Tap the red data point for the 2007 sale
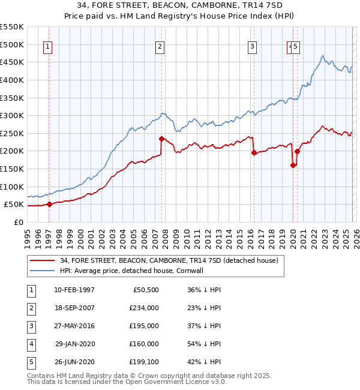click(x=161, y=139)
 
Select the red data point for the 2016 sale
click(x=254, y=152)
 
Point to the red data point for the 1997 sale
click(x=49, y=204)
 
